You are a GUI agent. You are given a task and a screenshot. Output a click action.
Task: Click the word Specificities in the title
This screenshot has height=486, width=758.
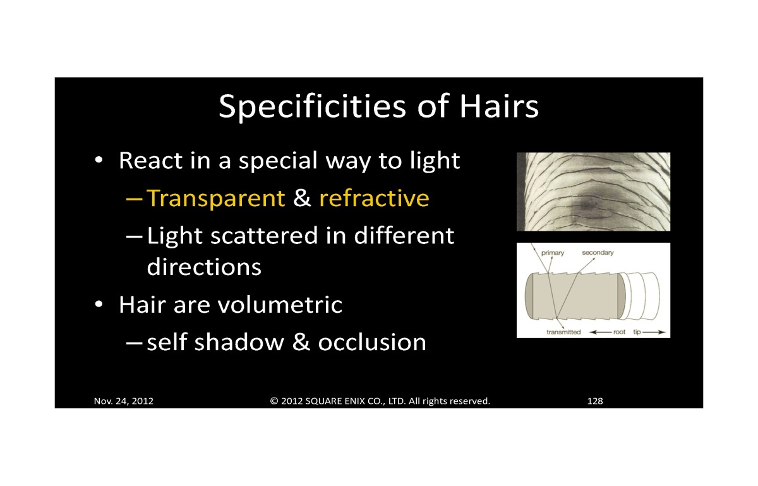pos(312,107)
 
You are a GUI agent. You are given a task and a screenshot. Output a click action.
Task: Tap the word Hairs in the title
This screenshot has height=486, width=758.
pos(499,106)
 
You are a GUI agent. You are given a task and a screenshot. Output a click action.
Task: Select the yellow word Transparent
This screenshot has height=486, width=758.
pos(216,198)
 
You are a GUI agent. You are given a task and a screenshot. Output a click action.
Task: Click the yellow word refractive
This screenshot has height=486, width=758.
pos(374,198)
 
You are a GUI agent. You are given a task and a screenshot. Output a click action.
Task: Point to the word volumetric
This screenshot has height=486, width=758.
pos(280,305)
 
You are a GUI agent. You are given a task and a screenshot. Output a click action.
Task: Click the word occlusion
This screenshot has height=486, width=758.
pos(372,342)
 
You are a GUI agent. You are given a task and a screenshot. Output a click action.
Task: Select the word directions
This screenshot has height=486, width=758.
pos(204,267)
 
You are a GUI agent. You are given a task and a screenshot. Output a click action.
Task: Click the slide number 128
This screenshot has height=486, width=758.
pos(595,401)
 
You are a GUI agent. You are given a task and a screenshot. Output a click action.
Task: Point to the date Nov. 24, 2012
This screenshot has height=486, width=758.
pos(124,401)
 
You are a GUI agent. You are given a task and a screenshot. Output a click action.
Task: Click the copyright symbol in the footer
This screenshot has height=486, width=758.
pos(274,401)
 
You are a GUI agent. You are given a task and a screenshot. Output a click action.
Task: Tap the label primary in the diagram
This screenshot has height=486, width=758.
pos(553,253)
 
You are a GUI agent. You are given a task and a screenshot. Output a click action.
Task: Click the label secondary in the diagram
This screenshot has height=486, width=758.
pos(598,253)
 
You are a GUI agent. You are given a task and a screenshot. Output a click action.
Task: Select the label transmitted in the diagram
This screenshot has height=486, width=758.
pos(563,332)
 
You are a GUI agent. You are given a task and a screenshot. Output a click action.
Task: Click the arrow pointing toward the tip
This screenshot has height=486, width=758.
pos(654,332)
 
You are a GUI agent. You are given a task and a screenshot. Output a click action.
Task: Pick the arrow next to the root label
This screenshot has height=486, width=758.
pos(600,332)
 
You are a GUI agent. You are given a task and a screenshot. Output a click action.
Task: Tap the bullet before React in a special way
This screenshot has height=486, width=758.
pos(99,159)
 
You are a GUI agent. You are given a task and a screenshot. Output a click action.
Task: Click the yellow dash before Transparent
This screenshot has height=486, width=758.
pos(134,198)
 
